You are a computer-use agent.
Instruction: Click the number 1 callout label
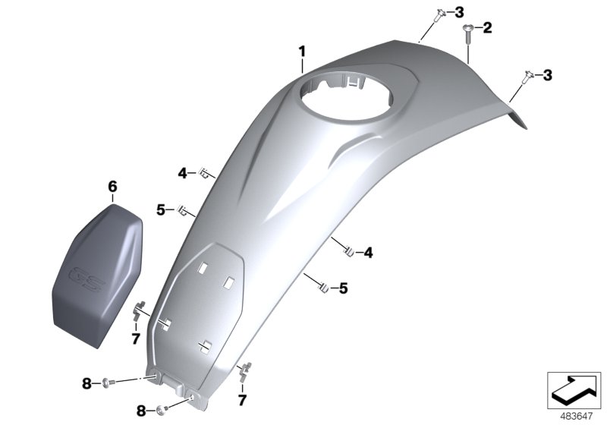302,52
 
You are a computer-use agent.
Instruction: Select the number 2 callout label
487,27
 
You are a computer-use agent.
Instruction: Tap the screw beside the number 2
468,34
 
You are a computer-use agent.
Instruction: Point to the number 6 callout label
112,187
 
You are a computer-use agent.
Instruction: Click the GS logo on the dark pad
87,279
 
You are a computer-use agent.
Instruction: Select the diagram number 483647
577,417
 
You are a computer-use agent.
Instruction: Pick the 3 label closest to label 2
459,12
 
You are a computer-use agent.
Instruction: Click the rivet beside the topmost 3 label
439,15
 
